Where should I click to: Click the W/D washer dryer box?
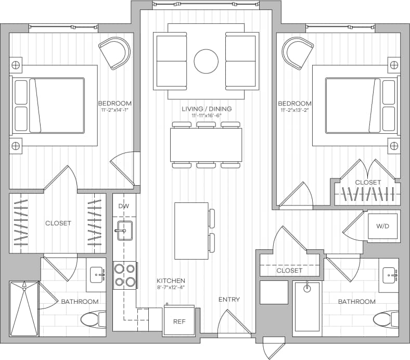[383, 226]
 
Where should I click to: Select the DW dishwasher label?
[123, 207]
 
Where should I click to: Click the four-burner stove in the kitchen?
[125, 275]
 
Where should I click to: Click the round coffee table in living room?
[206, 61]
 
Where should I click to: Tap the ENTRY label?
[229, 299]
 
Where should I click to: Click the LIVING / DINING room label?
[207, 109]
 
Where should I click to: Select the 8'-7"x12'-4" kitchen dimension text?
[171, 287]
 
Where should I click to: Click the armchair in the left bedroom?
[115, 53]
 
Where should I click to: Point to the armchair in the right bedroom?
[298, 53]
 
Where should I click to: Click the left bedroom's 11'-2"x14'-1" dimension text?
[115, 110]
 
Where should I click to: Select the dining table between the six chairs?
[206, 145]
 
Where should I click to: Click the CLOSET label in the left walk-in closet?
[58, 223]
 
